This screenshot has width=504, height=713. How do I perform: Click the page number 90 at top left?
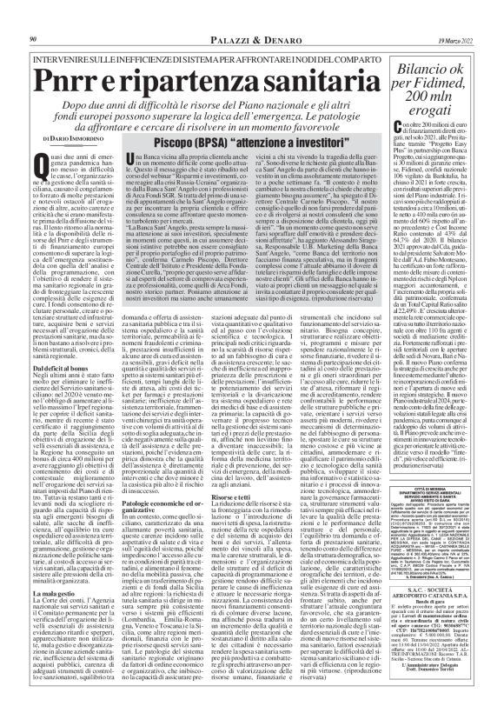(x=32, y=15)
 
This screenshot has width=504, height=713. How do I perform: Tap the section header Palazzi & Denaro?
(x=213, y=15)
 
